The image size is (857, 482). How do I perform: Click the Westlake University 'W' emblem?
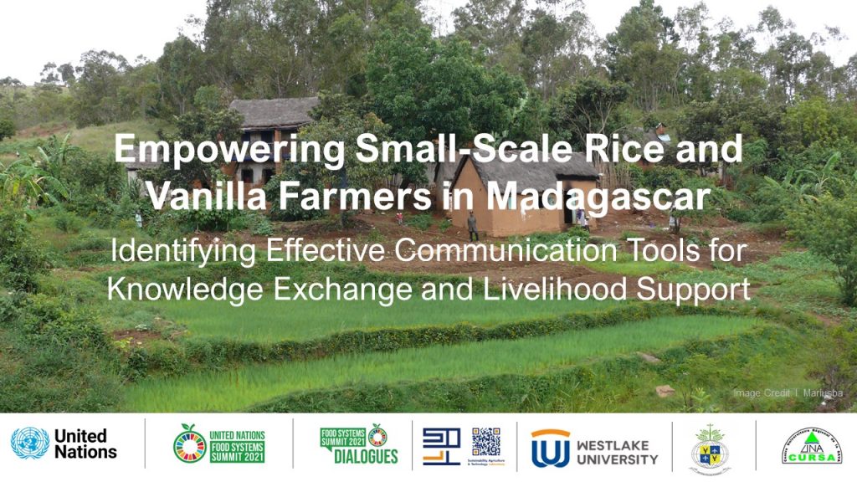(x=550, y=449)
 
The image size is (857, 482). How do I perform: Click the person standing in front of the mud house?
(x=473, y=224)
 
